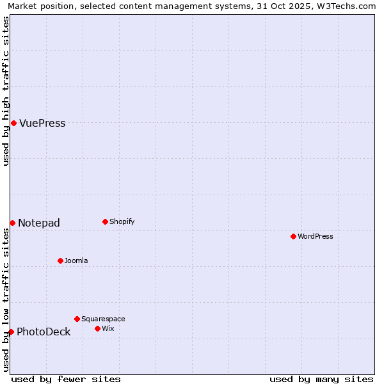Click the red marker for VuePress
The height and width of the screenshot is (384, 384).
(13, 123)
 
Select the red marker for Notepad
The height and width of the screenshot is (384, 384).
(12, 223)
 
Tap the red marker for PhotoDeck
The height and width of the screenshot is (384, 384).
(11, 332)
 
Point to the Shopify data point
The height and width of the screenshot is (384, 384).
(105, 222)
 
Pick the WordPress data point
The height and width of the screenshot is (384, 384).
(293, 236)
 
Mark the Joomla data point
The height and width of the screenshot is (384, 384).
(60, 260)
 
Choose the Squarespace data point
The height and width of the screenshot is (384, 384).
(77, 319)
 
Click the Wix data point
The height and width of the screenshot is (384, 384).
(97, 328)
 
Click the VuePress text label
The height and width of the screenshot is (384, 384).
(42, 124)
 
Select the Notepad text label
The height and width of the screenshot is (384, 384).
(39, 223)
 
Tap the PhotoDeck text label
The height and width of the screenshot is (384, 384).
(44, 332)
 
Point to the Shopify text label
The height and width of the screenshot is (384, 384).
(122, 222)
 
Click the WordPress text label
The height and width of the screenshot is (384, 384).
(316, 237)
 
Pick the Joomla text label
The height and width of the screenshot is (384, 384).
(76, 261)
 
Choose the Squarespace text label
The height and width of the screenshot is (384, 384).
(103, 319)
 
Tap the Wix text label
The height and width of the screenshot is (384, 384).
(108, 329)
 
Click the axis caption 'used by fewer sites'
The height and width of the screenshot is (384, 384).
(66, 379)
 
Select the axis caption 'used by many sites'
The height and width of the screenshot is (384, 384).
(321, 379)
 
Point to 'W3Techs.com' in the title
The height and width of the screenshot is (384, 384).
(348, 6)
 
